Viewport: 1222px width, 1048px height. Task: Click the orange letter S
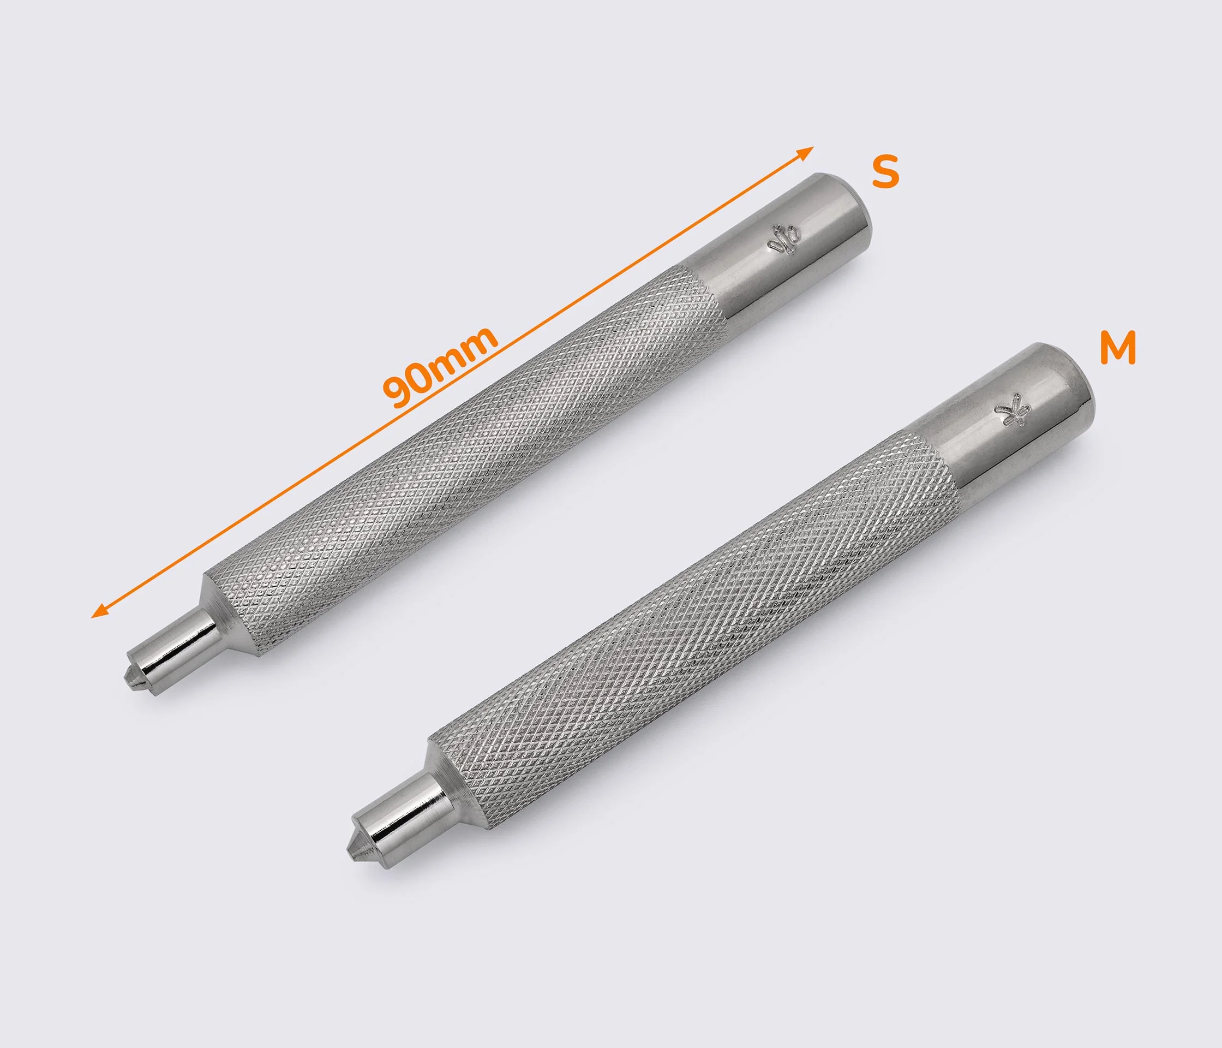(885, 171)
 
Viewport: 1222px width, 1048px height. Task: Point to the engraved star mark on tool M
(1010, 408)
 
